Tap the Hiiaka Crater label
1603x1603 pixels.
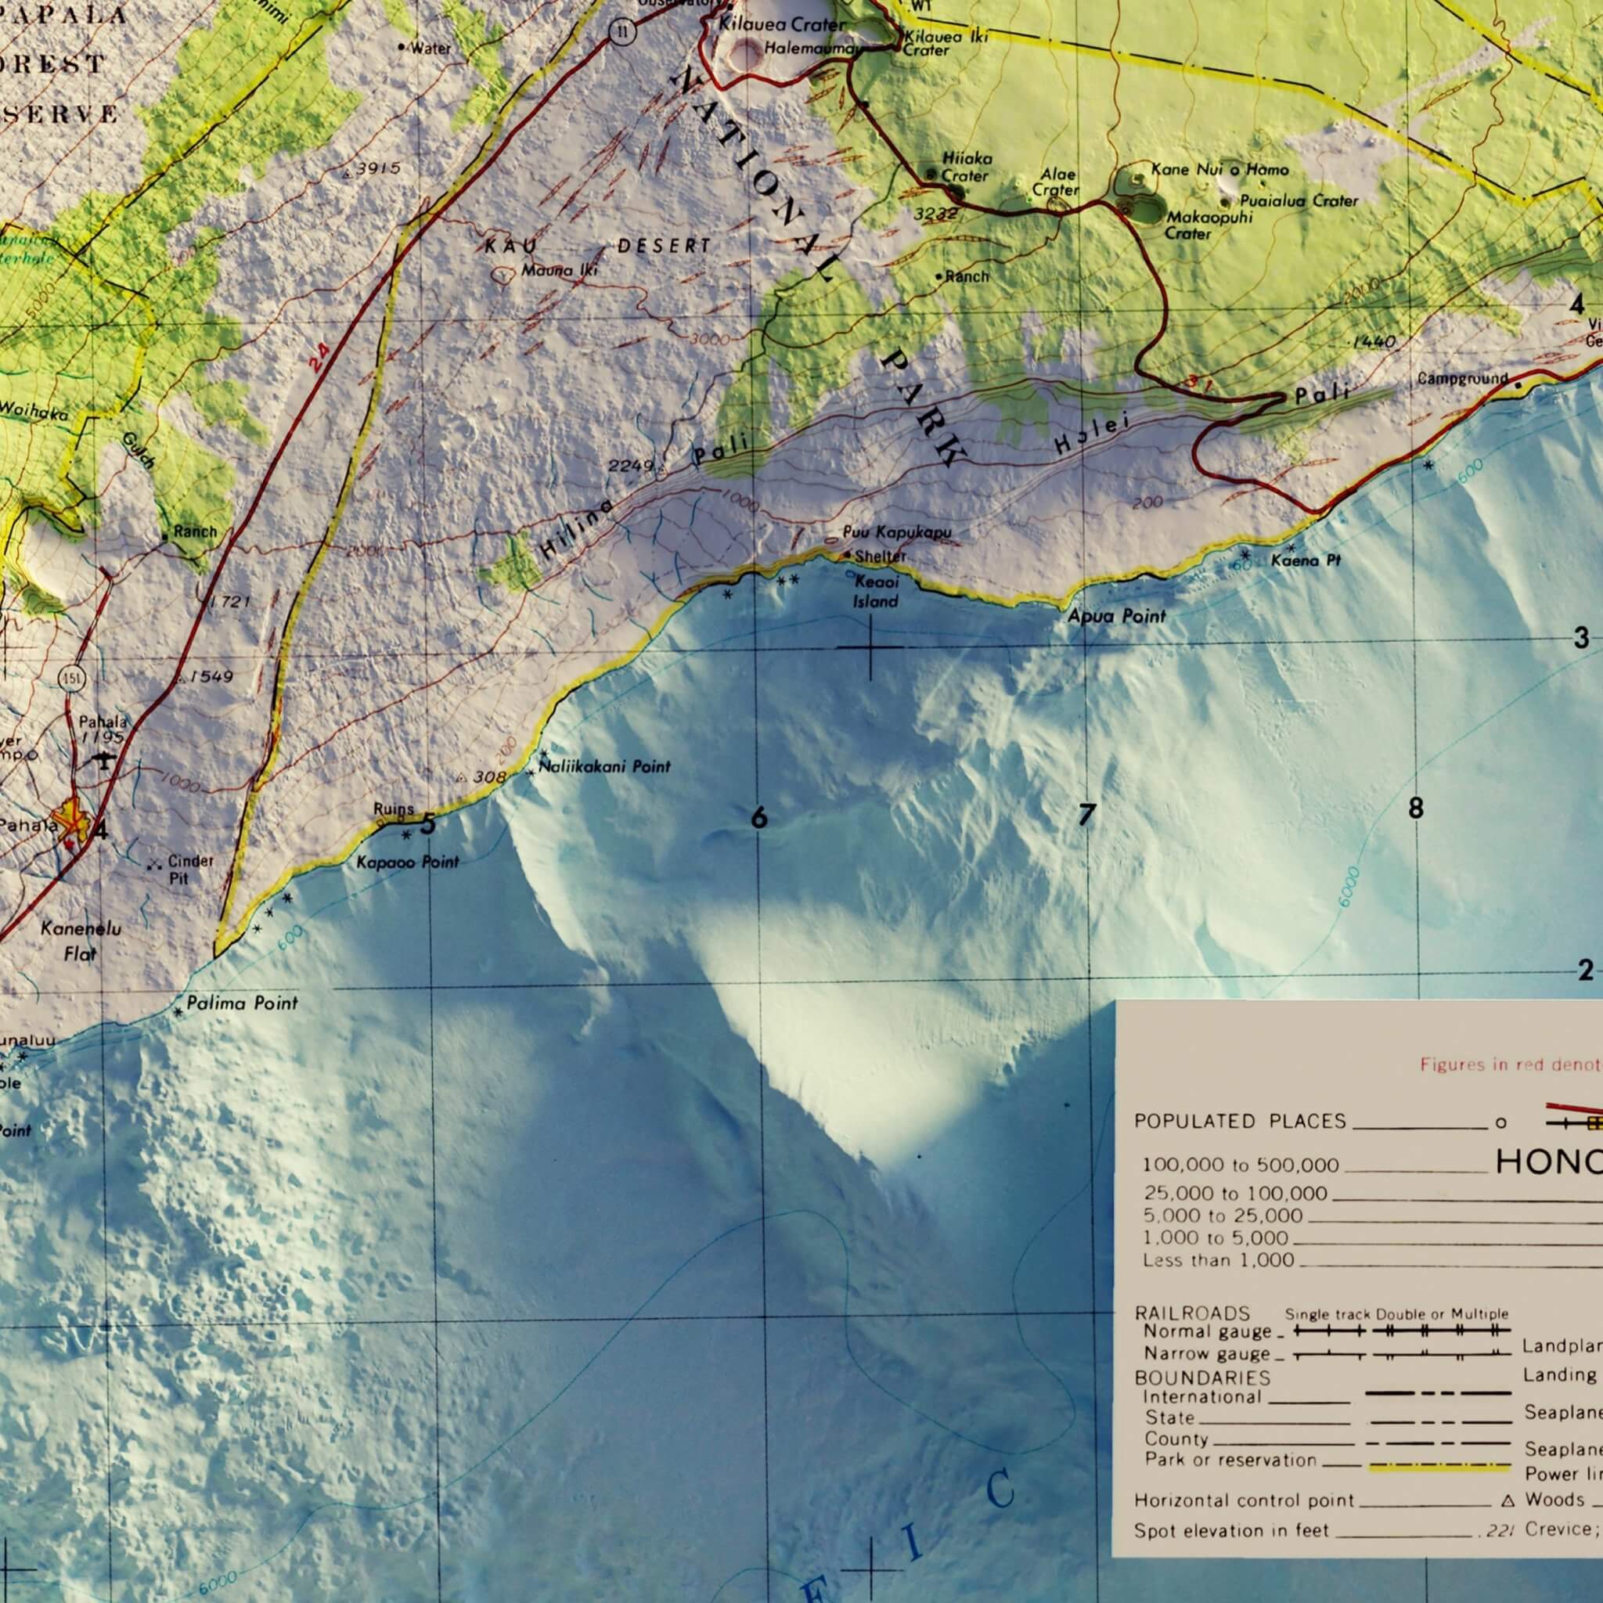point(966,167)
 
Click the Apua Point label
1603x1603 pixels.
point(1116,616)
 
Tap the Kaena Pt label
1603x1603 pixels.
point(1306,561)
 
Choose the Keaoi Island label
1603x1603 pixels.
point(876,592)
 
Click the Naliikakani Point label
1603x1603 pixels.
point(605,766)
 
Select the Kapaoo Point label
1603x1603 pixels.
point(407,862)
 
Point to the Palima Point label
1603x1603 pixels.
point(241,1003)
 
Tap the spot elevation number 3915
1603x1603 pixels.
point(378,168)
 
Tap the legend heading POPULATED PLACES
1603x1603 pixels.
point(1240,1122)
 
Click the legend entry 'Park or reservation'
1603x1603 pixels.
point(1230,1460)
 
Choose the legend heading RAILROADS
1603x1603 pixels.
point(1191,1313)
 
